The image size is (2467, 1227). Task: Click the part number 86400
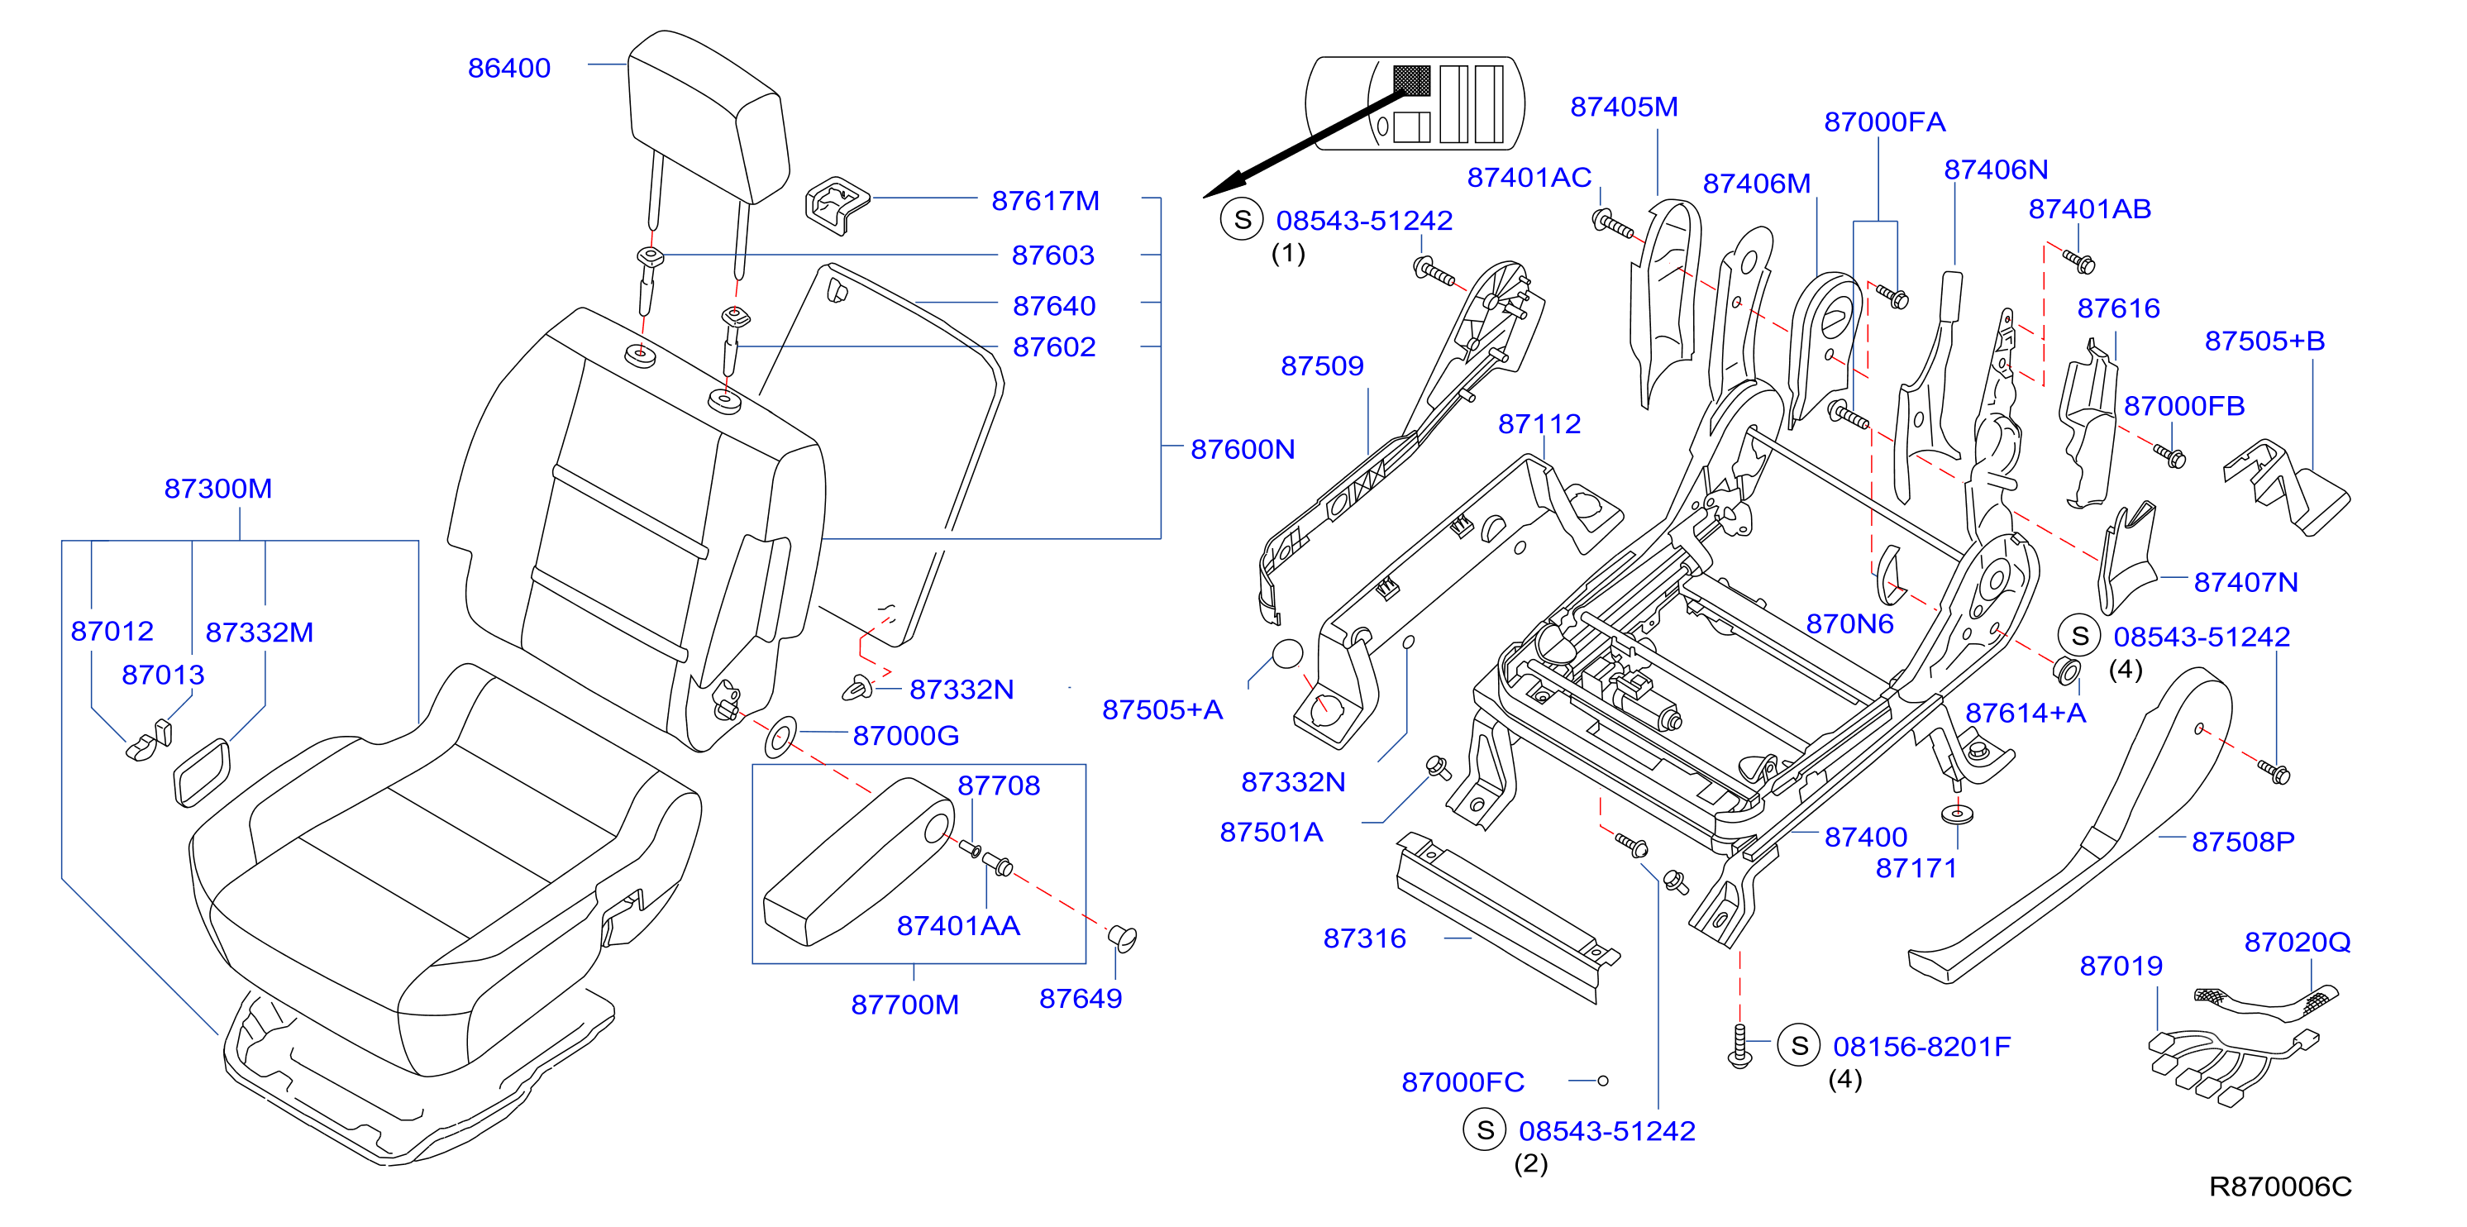[508, 68]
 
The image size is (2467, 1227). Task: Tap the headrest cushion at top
[708, 116]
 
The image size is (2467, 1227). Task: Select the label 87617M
[1045, 200]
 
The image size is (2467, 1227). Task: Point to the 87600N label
[1242, 448]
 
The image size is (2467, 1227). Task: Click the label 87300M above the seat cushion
[218, 488]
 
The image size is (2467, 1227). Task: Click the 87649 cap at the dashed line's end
[1123, 937]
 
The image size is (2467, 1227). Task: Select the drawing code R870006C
[2279, 1186]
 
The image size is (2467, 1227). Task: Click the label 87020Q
[2297, 942]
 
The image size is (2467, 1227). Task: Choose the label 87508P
[2243, 841]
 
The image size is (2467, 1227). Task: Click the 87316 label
[1365, 938]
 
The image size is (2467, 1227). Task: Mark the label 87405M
[1625, 107]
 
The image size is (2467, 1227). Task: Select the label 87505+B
[2265, 340]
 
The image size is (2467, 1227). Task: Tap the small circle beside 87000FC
[1602, 1081]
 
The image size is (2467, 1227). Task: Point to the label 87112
[1539, 423]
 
